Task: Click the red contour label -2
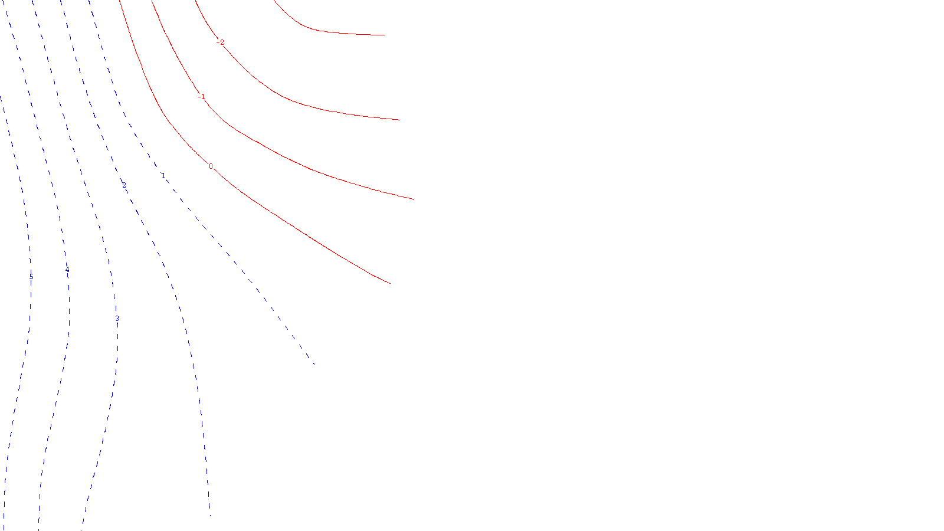[x=221, y=42]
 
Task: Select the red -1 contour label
[x=202, y=97]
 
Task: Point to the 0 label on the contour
[x=211, y=166]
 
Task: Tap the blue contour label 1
[x=163, y=176]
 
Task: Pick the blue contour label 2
[x=124, y=185]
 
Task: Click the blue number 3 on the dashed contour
[x=117, y=319]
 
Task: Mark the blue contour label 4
[x=67, y=271]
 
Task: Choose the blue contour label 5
[x=31, y=276]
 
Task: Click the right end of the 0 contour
[x=390, y=284]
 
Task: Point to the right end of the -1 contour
[x=414, y=199]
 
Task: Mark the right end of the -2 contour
[x=399, y=120]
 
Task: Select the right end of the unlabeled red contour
[x=384, y=35]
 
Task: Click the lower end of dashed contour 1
[x=314, y=364]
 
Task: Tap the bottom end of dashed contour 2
[x=210, y=516]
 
